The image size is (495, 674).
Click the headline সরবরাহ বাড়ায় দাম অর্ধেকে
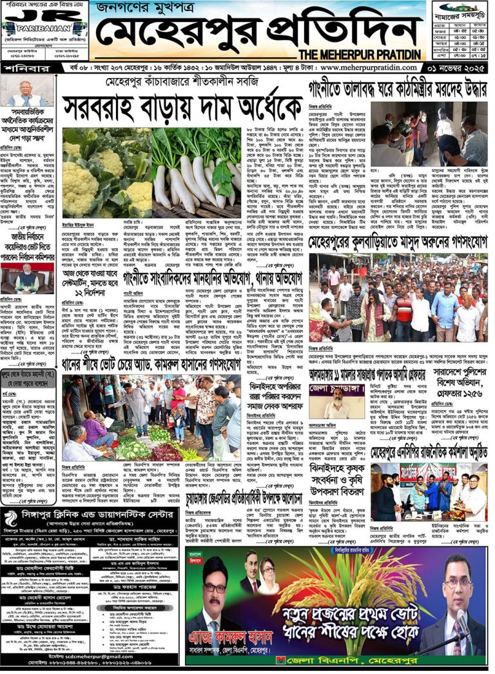pos(183,104)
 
